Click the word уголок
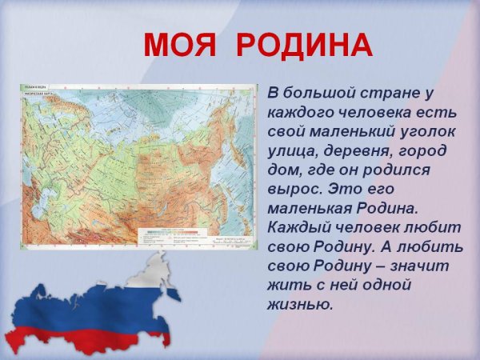(428, 131)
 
